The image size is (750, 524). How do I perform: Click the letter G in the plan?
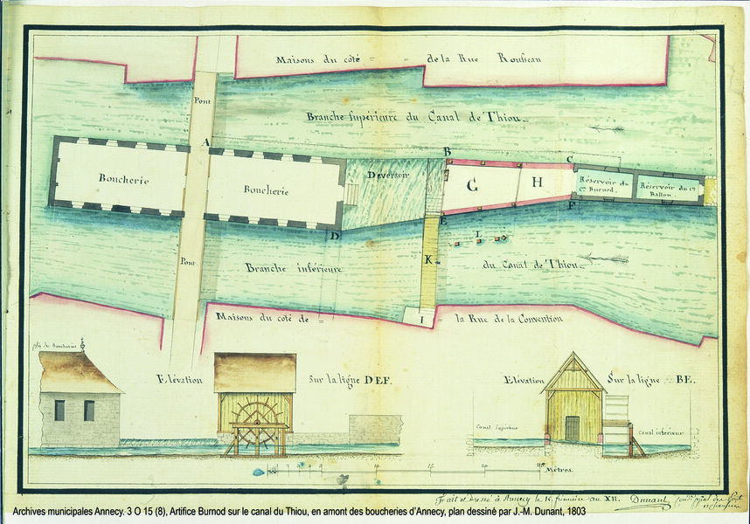[472, 185]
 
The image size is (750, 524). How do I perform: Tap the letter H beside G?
[538, 182]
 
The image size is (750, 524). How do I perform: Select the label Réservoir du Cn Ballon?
[669, 185]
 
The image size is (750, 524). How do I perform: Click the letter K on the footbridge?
[428, 260]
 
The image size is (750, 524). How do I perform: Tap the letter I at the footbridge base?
[424, 321]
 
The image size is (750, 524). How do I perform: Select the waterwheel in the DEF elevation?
[259, 422]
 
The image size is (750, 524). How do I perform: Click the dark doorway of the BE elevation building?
[572, 428]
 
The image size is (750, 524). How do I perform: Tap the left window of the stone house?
[59, 410]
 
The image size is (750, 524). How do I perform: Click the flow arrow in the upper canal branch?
[606, 128]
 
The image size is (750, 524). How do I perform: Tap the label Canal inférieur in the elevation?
[660, 431]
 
